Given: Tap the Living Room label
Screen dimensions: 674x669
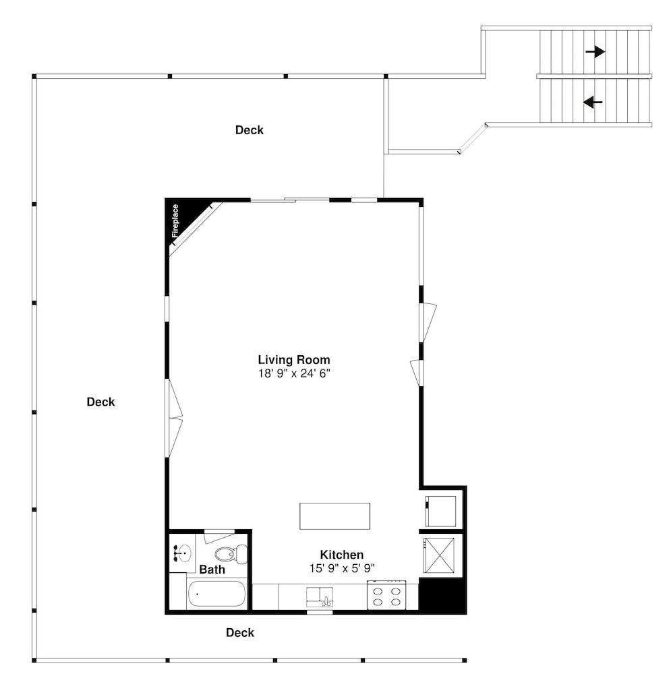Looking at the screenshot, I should pyautogui.click(x=294, y=359).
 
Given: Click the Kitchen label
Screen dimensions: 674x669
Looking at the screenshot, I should pyautogui.click(x=341, y=554).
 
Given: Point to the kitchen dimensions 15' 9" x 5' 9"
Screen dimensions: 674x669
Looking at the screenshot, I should pyautogui.click(x=341, y=568).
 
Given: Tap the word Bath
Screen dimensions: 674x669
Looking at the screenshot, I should pyautogui.click(x=212, y=570).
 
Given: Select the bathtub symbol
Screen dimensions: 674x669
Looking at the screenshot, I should pyautogui.click(x=216, y=594).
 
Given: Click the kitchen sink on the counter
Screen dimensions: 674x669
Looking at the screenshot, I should pyautogui.click(x=320, y=596).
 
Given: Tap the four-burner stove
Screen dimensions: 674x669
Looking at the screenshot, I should pyautogui.click(x=385, y=596).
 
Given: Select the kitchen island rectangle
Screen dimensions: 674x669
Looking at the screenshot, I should pyautogui.click(x=335, y=516).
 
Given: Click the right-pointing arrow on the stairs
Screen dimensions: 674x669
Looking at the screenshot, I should pyautogui.click(x=595, y=51).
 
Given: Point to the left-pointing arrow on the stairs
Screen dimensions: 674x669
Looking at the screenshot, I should pyautogui.click(x=593, y=102).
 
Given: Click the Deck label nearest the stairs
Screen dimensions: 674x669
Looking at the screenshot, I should pyautogui.click(x=249, y=130).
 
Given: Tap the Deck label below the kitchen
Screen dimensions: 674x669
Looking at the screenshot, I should pyautogui.click(x=240, y=632).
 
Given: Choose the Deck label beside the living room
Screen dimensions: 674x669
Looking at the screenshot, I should pyautogui.click(x=100, y=402).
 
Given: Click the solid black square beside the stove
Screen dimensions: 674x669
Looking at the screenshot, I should pyautogui.click(x=442, y=596).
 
